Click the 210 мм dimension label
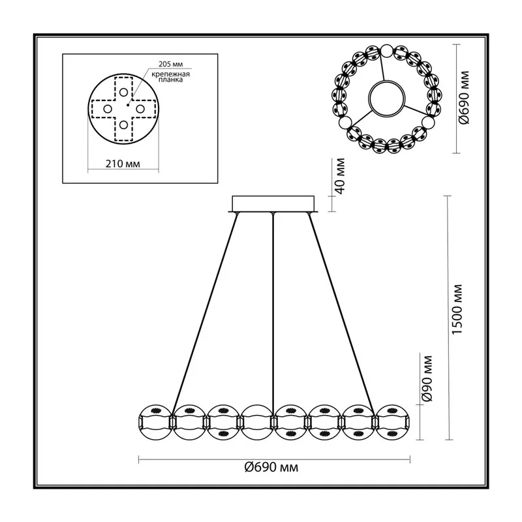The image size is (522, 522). [x=123, y=164]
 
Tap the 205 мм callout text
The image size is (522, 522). [x=170, y=64]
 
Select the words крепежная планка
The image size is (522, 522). [x=170, y=77]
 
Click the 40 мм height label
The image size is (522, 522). [x=341, y=176]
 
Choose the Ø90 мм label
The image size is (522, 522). [x=427, y=378]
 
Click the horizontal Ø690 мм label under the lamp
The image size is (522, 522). [x=271, y=467]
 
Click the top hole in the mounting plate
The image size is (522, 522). [x=123, y=92]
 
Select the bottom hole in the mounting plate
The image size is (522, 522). [x=123, y=125]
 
